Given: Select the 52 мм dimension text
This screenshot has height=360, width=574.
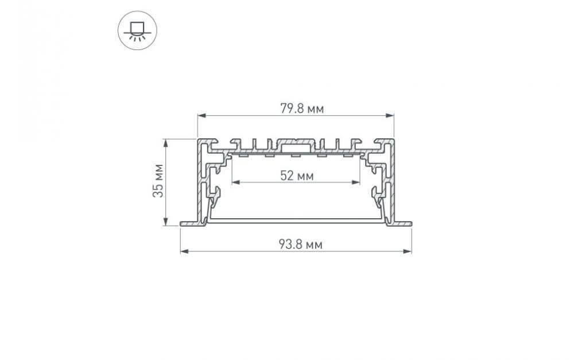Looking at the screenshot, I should coord(296,176).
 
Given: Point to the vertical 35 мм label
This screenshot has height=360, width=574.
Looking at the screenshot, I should coord(158,181).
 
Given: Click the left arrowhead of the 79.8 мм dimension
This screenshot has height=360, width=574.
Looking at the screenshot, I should coord(200,116).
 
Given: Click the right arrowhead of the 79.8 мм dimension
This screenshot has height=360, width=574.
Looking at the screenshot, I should coord(391,116).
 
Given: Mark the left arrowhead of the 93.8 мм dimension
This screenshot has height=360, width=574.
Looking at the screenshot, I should coord(183,251).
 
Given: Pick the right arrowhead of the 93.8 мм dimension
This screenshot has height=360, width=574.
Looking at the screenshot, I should coord(409,251).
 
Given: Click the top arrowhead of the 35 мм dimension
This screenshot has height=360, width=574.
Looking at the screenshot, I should coord(165,142).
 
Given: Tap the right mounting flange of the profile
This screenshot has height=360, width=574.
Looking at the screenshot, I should coord(404,223).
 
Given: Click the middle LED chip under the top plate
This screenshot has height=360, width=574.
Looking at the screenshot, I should coord(296,154).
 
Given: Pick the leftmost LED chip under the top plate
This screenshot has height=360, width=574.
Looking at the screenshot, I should coord(243,154).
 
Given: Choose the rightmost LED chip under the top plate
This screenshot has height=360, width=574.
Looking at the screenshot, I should coord(348,154).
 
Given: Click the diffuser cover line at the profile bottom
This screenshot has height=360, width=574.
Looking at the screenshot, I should coord(296,219).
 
